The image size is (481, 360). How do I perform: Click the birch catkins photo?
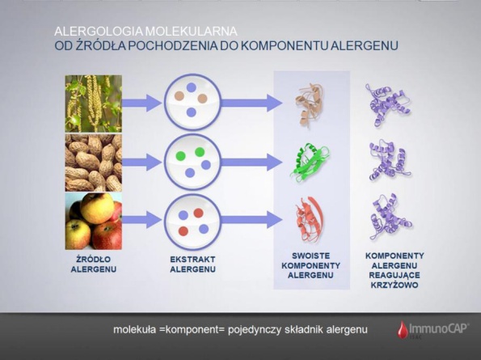93,104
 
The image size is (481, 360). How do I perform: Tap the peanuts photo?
93,163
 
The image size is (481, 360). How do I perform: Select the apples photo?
93,222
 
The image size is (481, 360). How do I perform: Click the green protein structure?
309,163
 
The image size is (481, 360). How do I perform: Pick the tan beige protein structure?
309,104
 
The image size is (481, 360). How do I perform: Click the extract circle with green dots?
192,162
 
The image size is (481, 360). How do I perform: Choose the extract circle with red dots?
192,222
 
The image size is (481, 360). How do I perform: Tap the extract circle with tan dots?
192,102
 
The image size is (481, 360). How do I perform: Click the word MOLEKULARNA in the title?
191,32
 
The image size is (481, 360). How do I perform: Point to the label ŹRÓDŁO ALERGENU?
94,265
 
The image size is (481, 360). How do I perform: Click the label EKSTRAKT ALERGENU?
192,265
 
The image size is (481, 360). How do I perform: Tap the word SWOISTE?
310,256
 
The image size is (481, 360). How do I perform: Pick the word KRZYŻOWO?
395,285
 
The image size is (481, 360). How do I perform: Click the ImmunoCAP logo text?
438,328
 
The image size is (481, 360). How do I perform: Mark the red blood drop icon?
403,329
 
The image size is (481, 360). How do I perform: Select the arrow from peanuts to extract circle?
141,162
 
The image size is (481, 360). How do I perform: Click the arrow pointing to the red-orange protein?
251,220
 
